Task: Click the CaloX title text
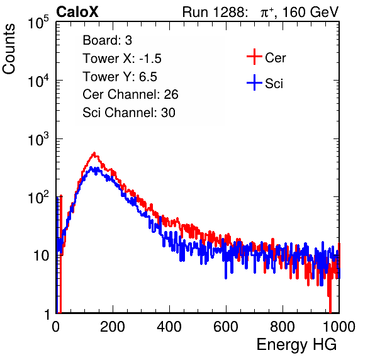coord(77,12)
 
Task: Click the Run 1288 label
coord(215,12)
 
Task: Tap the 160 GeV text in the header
coord(311,12)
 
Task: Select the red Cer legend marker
coord(254,57)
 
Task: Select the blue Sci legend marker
coord(254,82)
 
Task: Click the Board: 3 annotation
coord(107,40)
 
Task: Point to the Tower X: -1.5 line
coord(122,59)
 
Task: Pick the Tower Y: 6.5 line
coord(120,77)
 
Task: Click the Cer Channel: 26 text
coord(130,94)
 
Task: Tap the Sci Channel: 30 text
coord(129,113)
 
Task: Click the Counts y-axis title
coord(9,49)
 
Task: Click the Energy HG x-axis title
coord(296,344)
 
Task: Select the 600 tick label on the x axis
coord(226,327)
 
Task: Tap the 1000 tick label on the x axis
coord(339,327)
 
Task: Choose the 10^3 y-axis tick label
coord(38,139)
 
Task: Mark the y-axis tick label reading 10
coord(42,256)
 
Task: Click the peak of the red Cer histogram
coord(94,153)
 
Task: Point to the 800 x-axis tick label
coord(283,327)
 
